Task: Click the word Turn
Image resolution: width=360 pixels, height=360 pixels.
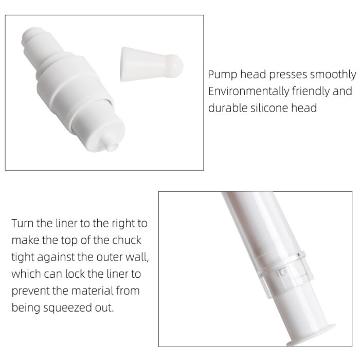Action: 22,223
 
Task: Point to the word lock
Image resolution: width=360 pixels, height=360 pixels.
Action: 75,274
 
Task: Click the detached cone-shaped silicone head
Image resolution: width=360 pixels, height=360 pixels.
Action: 152,64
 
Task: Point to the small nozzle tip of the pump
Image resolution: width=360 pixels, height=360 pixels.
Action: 111,144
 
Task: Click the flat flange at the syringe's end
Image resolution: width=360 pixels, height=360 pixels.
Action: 311,335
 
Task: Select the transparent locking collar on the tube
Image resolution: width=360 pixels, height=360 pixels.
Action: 284,274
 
